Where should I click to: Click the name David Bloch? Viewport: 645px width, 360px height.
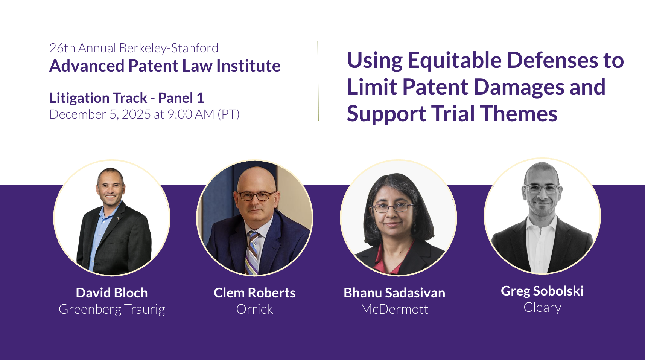112,293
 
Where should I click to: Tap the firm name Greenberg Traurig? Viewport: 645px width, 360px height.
112,310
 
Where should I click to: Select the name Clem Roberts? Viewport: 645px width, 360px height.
254,293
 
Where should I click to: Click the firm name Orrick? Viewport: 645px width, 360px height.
254,309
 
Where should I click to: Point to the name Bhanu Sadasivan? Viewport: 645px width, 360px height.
394,293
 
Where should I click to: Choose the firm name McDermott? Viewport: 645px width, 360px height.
394,309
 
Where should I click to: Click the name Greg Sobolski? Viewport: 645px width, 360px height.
542,291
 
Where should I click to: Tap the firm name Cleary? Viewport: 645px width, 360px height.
542,308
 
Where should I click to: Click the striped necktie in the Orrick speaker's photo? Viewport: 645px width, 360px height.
252,252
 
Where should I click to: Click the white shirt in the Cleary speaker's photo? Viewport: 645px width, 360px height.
541,245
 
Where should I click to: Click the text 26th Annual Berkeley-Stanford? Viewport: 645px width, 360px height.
134,48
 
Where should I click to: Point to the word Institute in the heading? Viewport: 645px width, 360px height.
248,66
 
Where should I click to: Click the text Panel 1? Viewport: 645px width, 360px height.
181,98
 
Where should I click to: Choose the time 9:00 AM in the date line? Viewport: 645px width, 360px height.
191,114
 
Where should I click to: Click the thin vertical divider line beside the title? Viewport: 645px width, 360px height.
318,81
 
